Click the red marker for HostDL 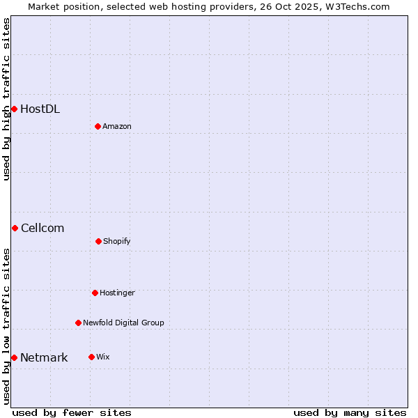(x=14, y=109)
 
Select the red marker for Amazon (x=98, y=126)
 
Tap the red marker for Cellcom (x=15, y=228)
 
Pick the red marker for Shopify (x=98, y=241)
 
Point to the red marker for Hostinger (x=95, y=293)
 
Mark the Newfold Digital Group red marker (x=78, y=323)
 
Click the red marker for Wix (x=91, y=357)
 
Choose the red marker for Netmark (x=14, y=357)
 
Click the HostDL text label (x=40, y=109)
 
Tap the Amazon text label (x=117, y=126)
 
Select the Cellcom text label (x=42, y=228)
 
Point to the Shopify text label (x=117, y=241)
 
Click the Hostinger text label (x=117, y=293)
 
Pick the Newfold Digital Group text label (x=123, y=323)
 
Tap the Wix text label (x=103, y=357)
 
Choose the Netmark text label (x=44, y=357)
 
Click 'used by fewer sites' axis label (x=72, y=412)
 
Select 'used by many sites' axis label (x=350, y=412)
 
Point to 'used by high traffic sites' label (x=7, y=99)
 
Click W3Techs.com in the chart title (x=355, y=6)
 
